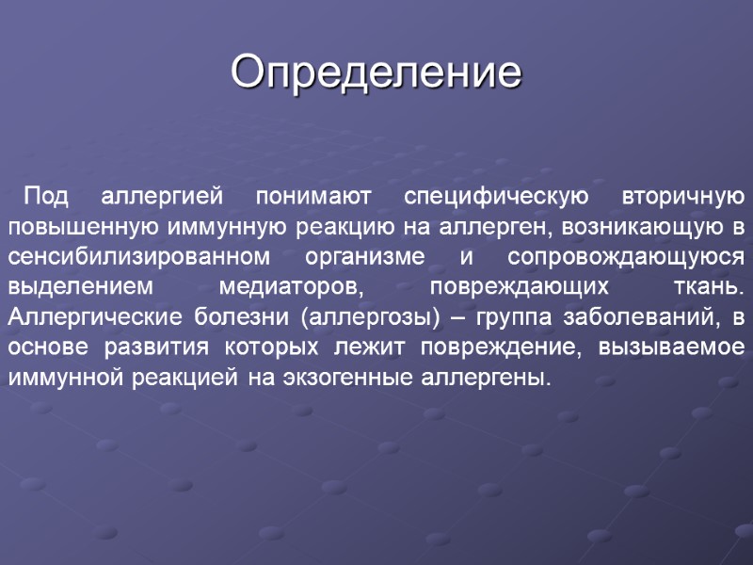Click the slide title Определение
pos(376,73)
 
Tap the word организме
pos(349,258)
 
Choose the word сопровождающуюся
pos(627,258)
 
